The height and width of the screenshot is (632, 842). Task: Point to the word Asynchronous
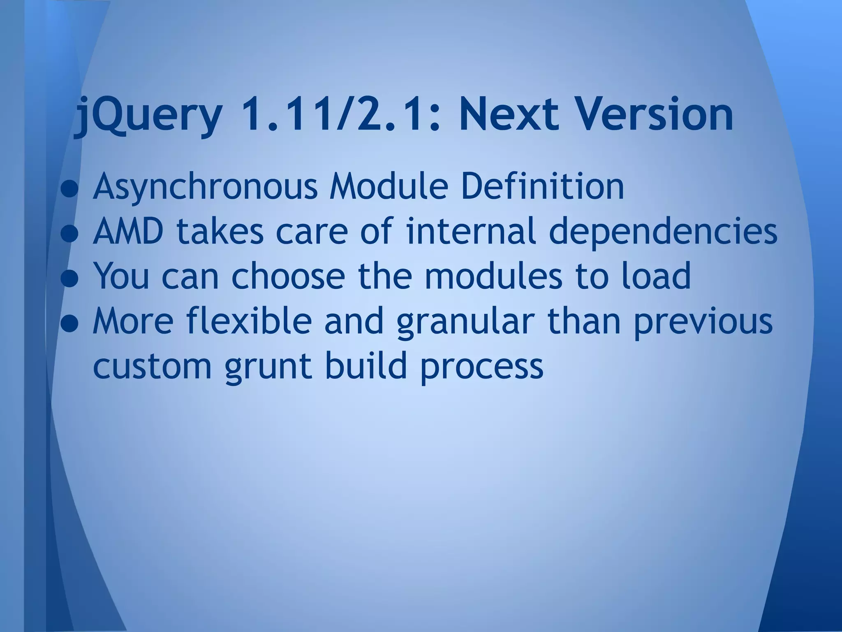pyautogui.click(x=205, y=187)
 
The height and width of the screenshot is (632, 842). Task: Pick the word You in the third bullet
pyautogui.click(x=120, y=276)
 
